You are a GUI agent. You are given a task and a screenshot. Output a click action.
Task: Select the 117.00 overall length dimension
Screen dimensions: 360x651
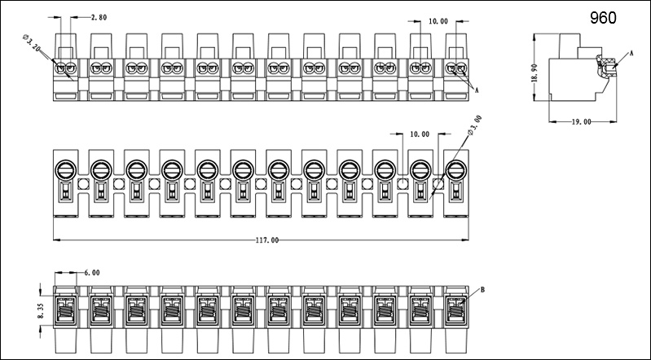pos(266,240)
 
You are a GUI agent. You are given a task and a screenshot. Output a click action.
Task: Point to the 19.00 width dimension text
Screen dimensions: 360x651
pos(580,121)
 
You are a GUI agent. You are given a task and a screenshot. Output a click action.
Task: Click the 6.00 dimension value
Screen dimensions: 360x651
pos(92,273)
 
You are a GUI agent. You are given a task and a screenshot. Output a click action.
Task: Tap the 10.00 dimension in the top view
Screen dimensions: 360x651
pos(438,22)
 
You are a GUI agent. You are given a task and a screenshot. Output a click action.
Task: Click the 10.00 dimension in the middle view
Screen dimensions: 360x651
pos(420,134)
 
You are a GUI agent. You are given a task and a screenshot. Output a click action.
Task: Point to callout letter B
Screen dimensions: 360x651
pos(482,289)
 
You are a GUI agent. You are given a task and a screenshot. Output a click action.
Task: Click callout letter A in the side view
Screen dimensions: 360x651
pos(630,53)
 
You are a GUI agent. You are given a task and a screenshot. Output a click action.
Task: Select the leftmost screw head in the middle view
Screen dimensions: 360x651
pos(65,170)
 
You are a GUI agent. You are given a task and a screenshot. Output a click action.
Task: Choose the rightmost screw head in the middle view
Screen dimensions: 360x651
pos(455,170)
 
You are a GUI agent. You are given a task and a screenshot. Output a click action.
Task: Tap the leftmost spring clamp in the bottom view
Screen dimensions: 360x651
pos(65,310)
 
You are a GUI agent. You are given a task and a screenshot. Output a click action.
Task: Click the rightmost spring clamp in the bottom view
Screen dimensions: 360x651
pos(455,310)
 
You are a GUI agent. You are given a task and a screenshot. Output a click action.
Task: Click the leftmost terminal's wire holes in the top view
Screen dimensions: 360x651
pos(65,68)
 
